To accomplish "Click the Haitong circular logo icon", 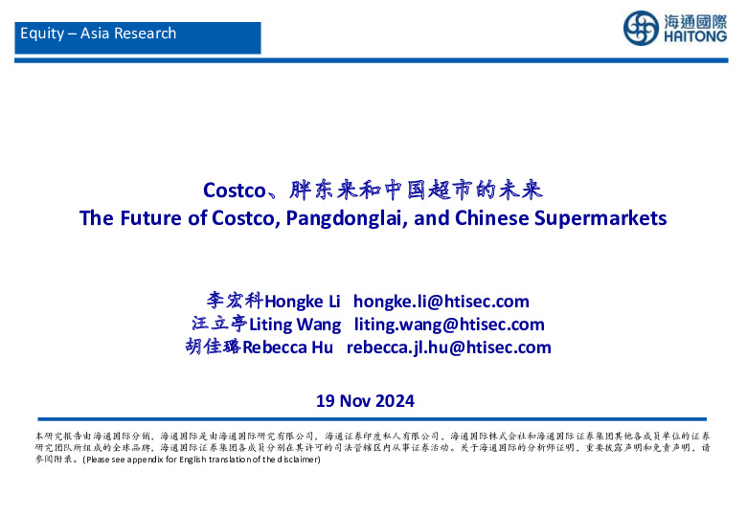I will click(x=641, y=29).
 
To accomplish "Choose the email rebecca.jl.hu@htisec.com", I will click(x=448, y=348).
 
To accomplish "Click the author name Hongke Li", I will click(x=296, y=302).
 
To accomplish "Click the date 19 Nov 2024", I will click(x=365, y=400).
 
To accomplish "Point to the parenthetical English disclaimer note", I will click(x=200, y=459).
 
